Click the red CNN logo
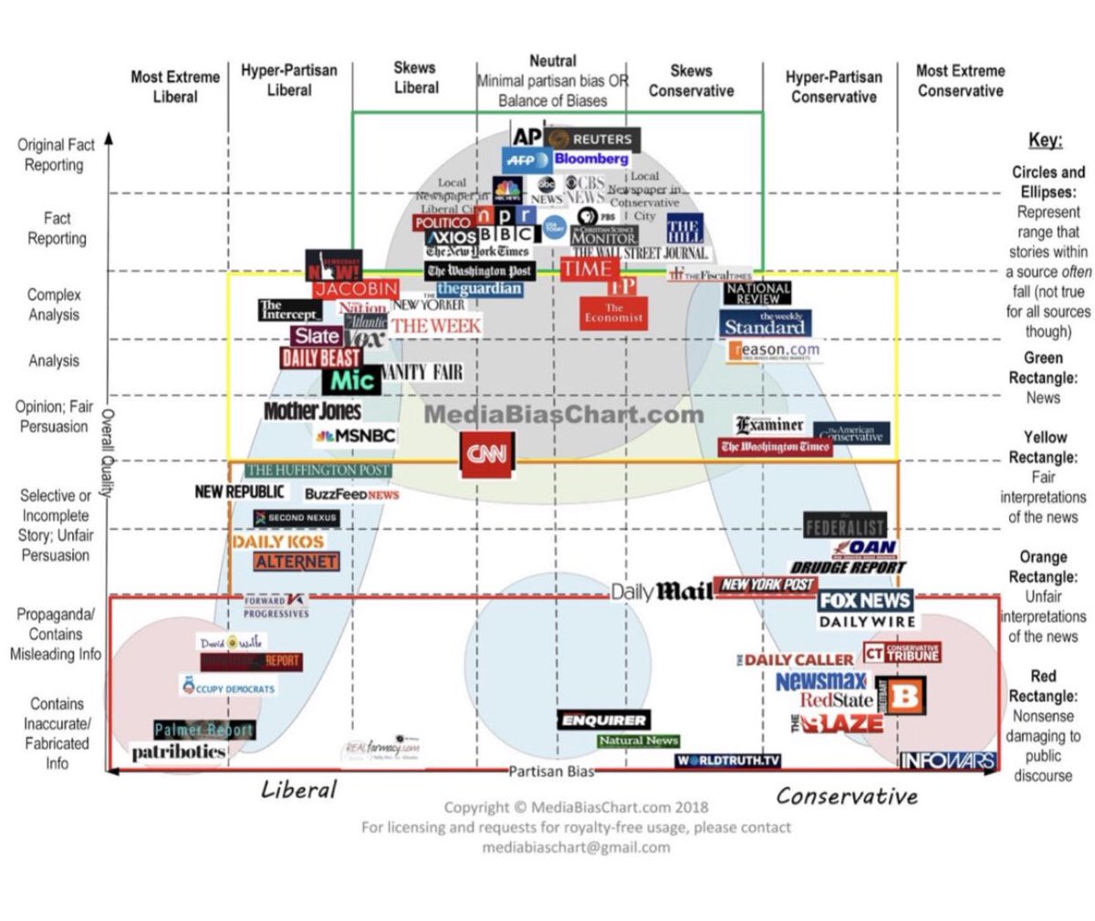(x=486, y=454)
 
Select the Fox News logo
(x=864, y=600)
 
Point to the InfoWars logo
(x=947, y=761)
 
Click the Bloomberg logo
(x=591, y=159)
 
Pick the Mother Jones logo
(x=312, y=411)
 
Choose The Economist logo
(x=614, y=313)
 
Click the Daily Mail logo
(x=662, y=592)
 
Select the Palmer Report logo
(x=203, y=730)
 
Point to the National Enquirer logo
(x=603, y=719)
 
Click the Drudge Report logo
(x=848, y=567)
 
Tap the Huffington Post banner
(x=318, y=470)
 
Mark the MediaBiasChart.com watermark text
(x=564, y=415)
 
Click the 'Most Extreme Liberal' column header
(x=174, y=87)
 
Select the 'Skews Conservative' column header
(x=691, y=81)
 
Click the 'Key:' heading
(x=1045, y=140)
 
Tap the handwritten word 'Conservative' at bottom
(x=847, y=796)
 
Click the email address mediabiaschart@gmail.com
(x=576, y=846)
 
